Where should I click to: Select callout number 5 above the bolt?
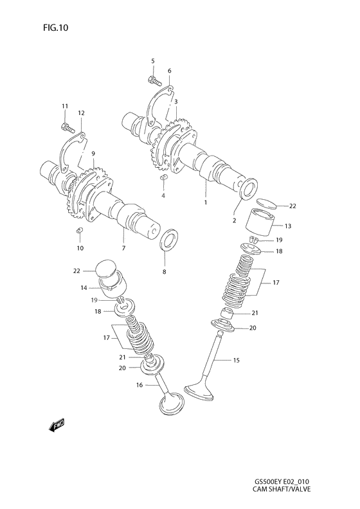[153, 61]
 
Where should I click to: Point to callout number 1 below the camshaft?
[206, 202]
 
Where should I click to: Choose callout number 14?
[84, 289]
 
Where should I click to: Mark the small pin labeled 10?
[80, 230]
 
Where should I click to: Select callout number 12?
[82, 113]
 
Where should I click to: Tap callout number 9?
[93, 154]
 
